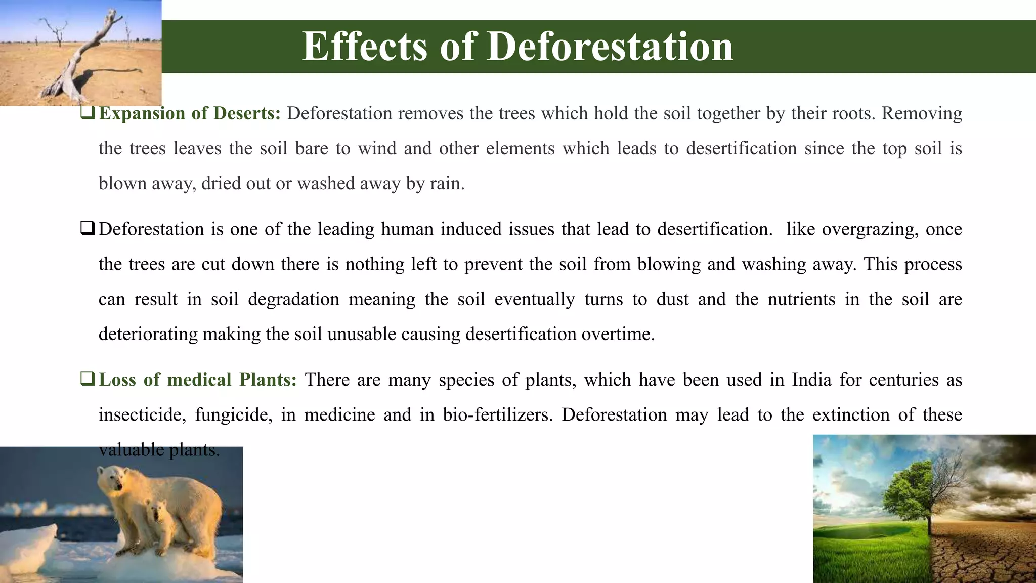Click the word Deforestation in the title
click(610, 47)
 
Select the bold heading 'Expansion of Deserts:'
click(190, 113)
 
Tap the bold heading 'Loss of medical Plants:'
click(198, 380)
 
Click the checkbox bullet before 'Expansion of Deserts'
click(87, 113)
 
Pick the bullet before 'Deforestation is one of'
click(87, 229)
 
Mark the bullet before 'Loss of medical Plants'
click(87, 379)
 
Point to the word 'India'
click(811, 380)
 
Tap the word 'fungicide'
click(233, 415)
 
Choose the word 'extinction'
click(851, 415)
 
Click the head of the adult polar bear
click(111, 478)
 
